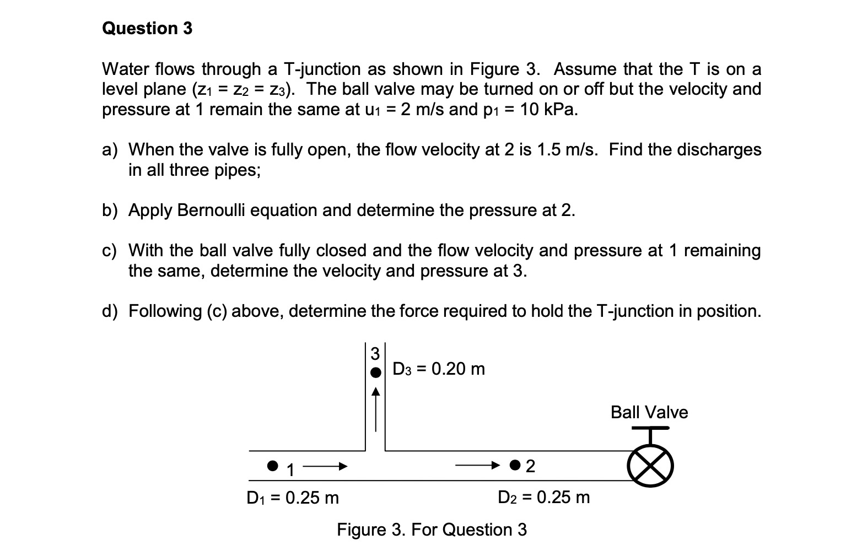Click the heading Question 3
pyautogui.click(x=147, y=28)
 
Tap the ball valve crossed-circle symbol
pyautogui.click(x=650, y=466)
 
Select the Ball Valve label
pyautogui.click(x=649, y=412)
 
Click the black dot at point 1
pyautogui.click(x=272, y=466)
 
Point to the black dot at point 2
pyautogui.click(x=515, y=466)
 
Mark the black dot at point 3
pyautogui.click(x=375, y=373)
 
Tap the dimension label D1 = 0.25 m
pyautogui.click(x=293, y=498)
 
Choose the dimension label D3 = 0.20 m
pyautogui.click(x=439, y=369)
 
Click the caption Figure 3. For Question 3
pyautogui.click(x=432, y=530)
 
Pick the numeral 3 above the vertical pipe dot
pyautogui.click(x=375, y=352)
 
